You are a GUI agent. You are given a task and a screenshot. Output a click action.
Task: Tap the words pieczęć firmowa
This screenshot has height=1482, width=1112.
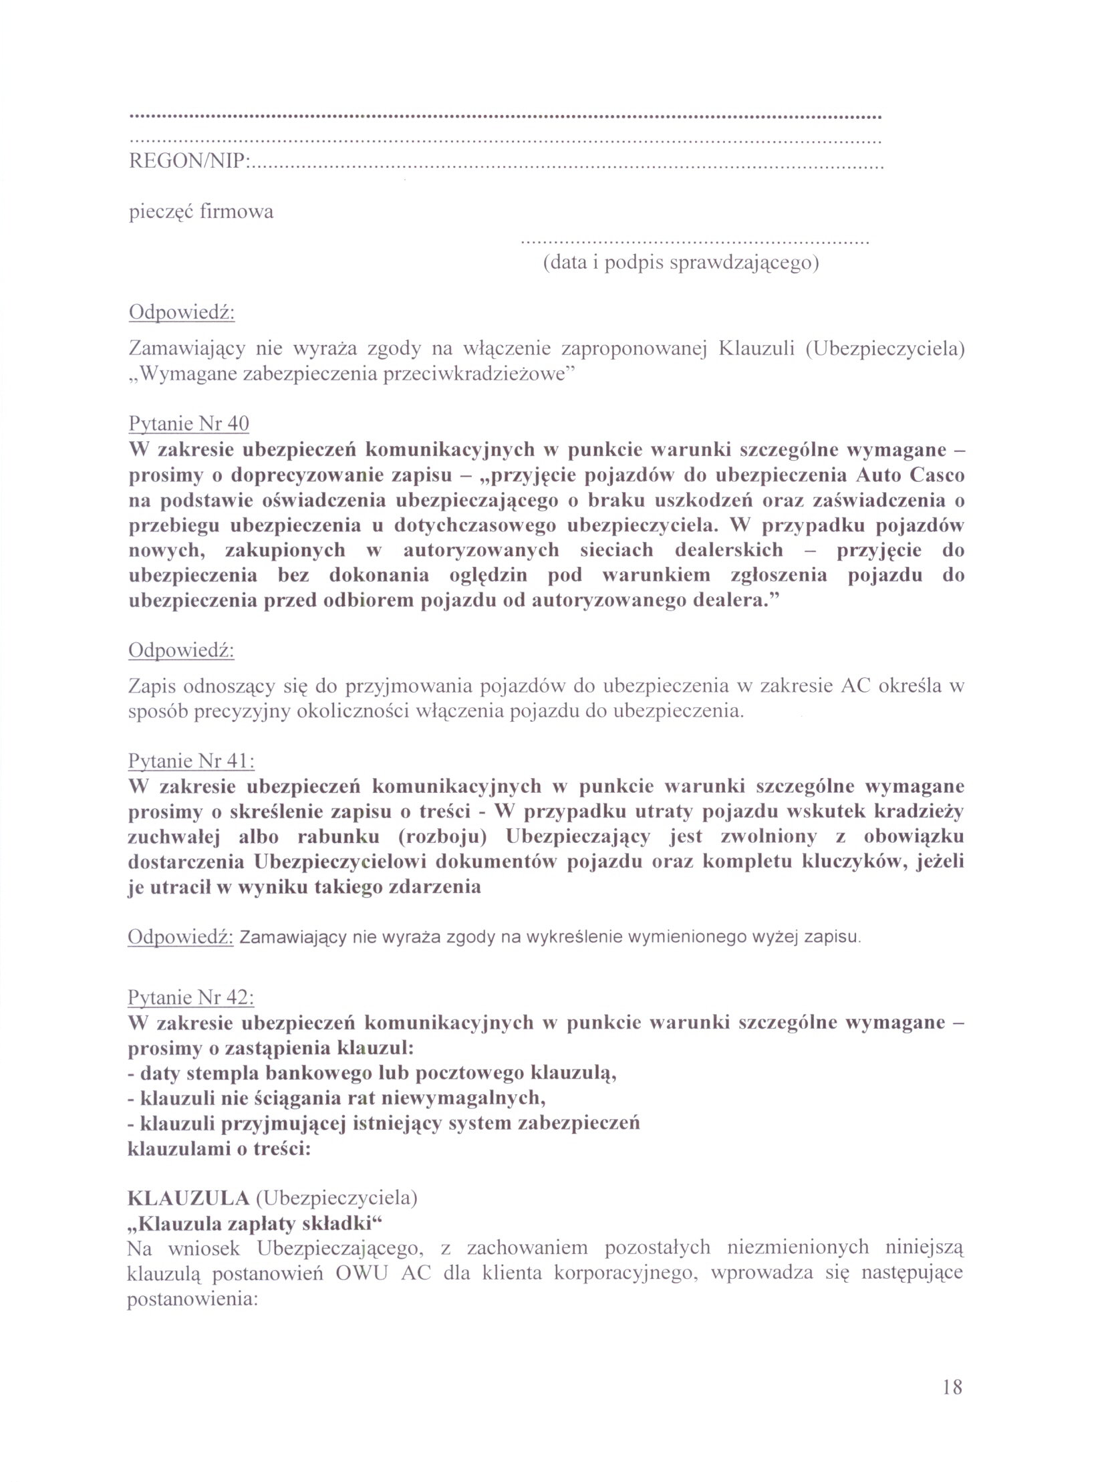pyautogui.click(x=201, y=213)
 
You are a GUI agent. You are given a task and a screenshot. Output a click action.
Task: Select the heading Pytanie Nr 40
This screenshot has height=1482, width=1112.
pyautogui.click(x=188, y=423)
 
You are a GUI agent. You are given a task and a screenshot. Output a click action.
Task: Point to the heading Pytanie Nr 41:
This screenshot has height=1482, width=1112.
pyautogui.click(x=191, y=761)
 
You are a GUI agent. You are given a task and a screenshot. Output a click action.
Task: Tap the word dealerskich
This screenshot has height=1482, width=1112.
pyautogui.click(x=729, y=550)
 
